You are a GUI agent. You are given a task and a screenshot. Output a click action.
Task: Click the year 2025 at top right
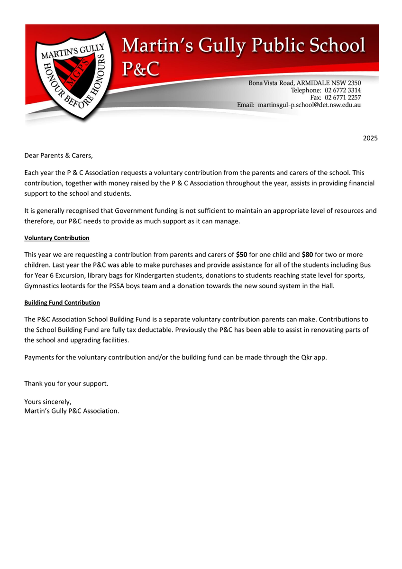(x=370, y=138)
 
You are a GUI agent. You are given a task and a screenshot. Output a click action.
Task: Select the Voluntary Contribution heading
(x=57, y=238)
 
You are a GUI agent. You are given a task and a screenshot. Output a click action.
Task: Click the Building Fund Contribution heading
(x=62, y=303)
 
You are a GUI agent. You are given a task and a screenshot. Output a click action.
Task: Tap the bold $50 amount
(x=241, y=255)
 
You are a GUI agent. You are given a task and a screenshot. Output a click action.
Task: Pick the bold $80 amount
(x=307, y=255)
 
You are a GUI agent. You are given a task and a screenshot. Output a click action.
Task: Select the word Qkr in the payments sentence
(x=307, y=358)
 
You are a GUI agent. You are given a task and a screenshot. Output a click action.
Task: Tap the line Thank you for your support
(x=66, y=383)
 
